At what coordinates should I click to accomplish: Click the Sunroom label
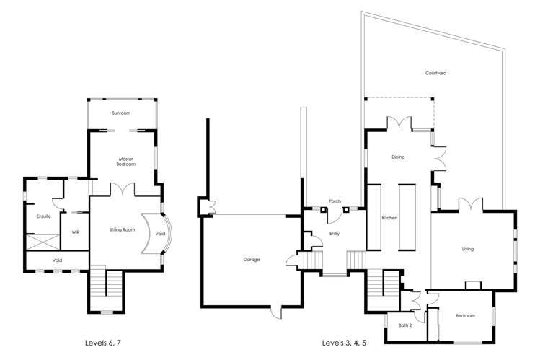[x=121, y=113]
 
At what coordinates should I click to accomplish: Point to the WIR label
[x=74, y=232]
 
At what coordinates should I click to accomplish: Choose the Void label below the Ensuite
[x=56, y=260]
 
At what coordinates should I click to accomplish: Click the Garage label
[x=251, y=259]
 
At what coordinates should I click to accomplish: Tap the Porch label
[x=334, y=201]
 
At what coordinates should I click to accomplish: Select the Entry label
[x=334, y=233]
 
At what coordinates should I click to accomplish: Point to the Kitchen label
[x=389, y=217]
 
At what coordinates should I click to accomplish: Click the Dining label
[x=398, y=157]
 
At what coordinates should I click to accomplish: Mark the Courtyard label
[x=434, y=73]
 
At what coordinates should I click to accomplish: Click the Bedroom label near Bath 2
[x=465, y=315]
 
